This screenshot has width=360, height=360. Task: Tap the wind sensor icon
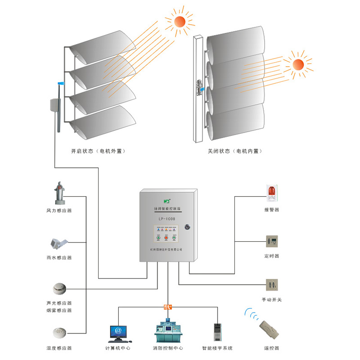(x=58, y=193)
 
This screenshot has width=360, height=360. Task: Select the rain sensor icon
(x=58, y=243)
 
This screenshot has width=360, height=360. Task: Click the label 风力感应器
(x=59, y=211)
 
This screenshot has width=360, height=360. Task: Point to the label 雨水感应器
(x=59, y=258)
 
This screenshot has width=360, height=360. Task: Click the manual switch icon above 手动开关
(x=272, y=285)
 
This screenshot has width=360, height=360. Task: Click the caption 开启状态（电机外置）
(x=98, y=152)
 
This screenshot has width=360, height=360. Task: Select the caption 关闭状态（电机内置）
(x=234, y=152)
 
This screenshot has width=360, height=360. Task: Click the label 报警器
(x=272, y=210)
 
